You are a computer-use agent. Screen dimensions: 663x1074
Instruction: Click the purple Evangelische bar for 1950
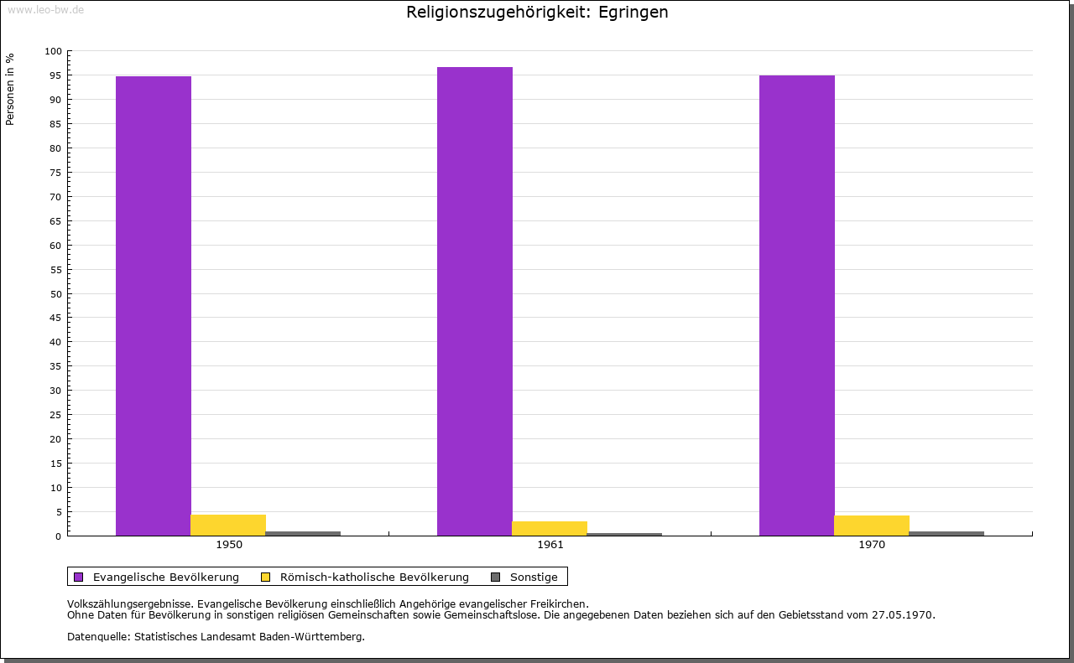(x=154, y=306)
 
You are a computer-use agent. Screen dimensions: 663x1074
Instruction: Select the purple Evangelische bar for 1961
(x=475, y=301)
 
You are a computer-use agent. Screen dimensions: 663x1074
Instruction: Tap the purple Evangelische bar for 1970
(x=797, y=305)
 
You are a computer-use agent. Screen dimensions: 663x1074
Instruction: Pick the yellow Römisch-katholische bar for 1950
(x=228, y=525)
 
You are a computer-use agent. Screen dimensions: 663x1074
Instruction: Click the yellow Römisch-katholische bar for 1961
(x=550, y=528)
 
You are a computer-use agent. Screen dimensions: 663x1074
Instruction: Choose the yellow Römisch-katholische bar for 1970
(x=872, y=526)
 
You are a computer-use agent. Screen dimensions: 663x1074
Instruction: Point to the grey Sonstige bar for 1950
(x=303, y=533)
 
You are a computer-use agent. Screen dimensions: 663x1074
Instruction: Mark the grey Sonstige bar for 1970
(x=946, y=533)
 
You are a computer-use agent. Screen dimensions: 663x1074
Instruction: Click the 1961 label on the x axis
(x=550, y=545)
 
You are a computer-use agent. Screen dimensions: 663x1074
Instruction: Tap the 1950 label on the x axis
(x=229, y=545)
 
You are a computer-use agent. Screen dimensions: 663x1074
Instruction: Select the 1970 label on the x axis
(x=872, y=545)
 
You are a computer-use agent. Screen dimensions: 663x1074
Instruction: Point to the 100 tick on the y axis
(x=54, y=51)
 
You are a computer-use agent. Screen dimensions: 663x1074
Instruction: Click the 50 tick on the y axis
(x=56, y=294)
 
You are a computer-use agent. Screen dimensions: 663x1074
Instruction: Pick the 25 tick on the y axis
(x=56, y=415)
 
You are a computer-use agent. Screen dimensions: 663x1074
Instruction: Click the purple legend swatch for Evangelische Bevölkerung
(x=79, y=577)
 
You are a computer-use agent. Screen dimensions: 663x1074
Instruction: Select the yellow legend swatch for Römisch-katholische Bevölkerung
(x=266, y=577)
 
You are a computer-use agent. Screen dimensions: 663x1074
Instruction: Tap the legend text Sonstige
(x=534, y=577)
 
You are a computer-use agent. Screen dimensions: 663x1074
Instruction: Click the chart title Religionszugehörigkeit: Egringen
(x=537, y=13)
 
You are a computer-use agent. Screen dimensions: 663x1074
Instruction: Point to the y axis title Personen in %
(x=10, y=89)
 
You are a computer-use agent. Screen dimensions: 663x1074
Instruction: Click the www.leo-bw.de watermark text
(x=45, y=9)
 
